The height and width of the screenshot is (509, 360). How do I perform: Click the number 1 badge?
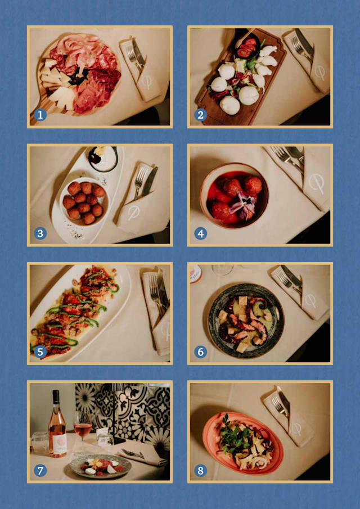pos(39,115)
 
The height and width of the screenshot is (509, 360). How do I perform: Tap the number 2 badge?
pos(200,115)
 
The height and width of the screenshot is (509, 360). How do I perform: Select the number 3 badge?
pos(39,233)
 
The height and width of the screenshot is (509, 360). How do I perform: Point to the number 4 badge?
pos(200,233)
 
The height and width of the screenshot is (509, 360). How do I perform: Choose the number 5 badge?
pos(39,352)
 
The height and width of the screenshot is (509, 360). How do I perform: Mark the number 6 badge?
pos(200,352)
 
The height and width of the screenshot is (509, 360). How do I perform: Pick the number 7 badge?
pos(39,470)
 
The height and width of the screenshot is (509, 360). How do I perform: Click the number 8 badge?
pos(200,470)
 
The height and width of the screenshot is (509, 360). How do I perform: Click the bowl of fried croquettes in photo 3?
pos(83,201)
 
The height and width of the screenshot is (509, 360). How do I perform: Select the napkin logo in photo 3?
pos(133,213)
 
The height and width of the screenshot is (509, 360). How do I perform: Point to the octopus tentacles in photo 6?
pos(247,326)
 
